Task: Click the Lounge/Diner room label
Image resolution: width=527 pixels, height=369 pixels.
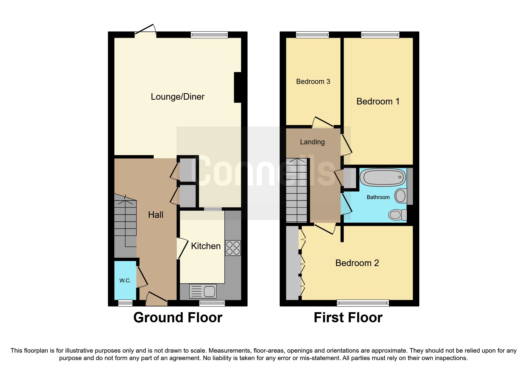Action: point(177,97)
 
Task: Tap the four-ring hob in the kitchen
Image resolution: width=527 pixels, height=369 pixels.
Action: point(233,248)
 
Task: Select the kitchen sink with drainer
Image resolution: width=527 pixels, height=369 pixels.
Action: point(203,291)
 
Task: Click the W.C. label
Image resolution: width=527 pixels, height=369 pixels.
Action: point(125,280)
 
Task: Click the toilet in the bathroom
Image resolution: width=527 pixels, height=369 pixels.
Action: point(397,214)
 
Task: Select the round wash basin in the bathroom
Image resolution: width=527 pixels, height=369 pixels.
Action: point(401,196)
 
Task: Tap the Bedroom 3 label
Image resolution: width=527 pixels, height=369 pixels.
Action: point(313,82)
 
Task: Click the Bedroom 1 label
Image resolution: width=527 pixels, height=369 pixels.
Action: point(378,101)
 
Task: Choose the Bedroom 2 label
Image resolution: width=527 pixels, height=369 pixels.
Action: point(357,263)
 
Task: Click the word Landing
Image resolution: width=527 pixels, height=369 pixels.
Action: point(312,142)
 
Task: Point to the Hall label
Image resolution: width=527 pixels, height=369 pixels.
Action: point(156,215)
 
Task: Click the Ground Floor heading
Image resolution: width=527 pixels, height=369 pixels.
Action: point(178,318)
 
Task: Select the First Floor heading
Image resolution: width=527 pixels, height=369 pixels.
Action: point(348,318)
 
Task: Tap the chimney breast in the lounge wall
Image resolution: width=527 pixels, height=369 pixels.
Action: point(237,87)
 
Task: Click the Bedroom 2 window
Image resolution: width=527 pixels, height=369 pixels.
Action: point(363,303)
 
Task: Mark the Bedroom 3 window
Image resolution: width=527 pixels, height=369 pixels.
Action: point(312,35)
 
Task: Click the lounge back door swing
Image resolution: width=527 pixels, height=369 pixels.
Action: point(146,30)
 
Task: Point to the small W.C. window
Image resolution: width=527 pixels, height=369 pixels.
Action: point(125,303)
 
